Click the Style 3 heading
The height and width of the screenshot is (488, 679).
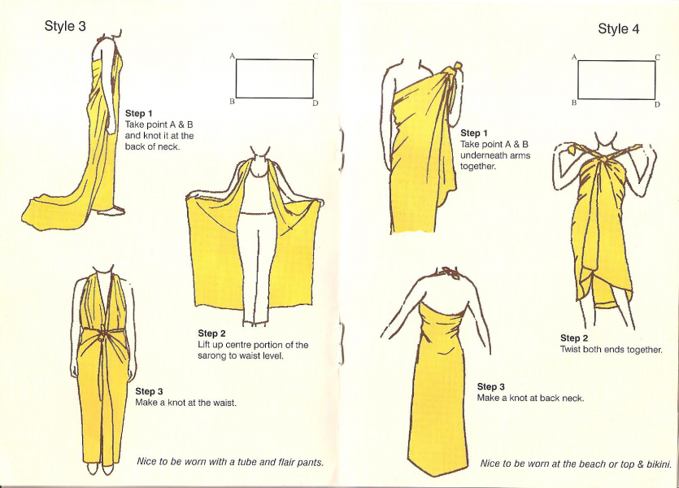65,26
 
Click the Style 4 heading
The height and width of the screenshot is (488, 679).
618,28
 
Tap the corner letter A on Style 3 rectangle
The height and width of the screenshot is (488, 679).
232,56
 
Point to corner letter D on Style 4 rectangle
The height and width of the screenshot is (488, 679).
657,104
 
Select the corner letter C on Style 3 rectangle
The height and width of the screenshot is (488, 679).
316,56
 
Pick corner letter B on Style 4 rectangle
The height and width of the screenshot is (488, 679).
574,102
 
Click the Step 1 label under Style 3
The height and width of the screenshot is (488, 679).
138,113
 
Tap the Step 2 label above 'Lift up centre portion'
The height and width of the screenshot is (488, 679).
211,333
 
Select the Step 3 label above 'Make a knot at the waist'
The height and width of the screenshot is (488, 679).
149,391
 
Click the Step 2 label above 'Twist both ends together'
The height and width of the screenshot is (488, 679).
574,338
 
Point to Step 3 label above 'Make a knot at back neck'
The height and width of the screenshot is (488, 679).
491,386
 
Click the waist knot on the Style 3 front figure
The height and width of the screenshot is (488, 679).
103,336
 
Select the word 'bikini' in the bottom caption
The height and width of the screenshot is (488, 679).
658,464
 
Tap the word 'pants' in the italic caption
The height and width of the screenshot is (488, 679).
312,463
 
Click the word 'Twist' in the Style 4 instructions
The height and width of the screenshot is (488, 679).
570,350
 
